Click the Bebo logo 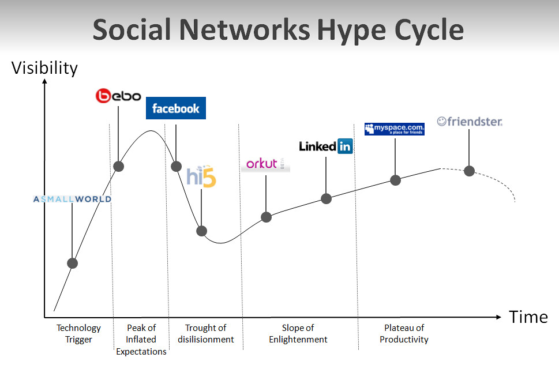[x=118, y=96]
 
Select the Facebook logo [x=176, y=108]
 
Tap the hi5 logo [x=201, y=176]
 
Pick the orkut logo [x=265, y=164]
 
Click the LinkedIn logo [x=326, y=146]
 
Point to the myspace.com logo [x=394, y=129]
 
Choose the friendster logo [x=470, y=122]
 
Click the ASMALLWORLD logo [x=72, y=199]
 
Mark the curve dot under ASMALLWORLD [x=72, y=263]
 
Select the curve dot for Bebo [x=118, y=166]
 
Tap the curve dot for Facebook [x=176, y=166]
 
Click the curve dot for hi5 [x=201, y=231]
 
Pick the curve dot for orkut [x=266, y=217]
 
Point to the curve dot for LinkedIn [x=326, y=198]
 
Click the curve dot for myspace [x=395, y=180]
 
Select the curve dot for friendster [x=469, y=171]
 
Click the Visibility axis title [x=44, y=68]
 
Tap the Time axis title [x=528, y=317]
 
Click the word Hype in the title [x=352, y=31]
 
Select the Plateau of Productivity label [x=404, y=334]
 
